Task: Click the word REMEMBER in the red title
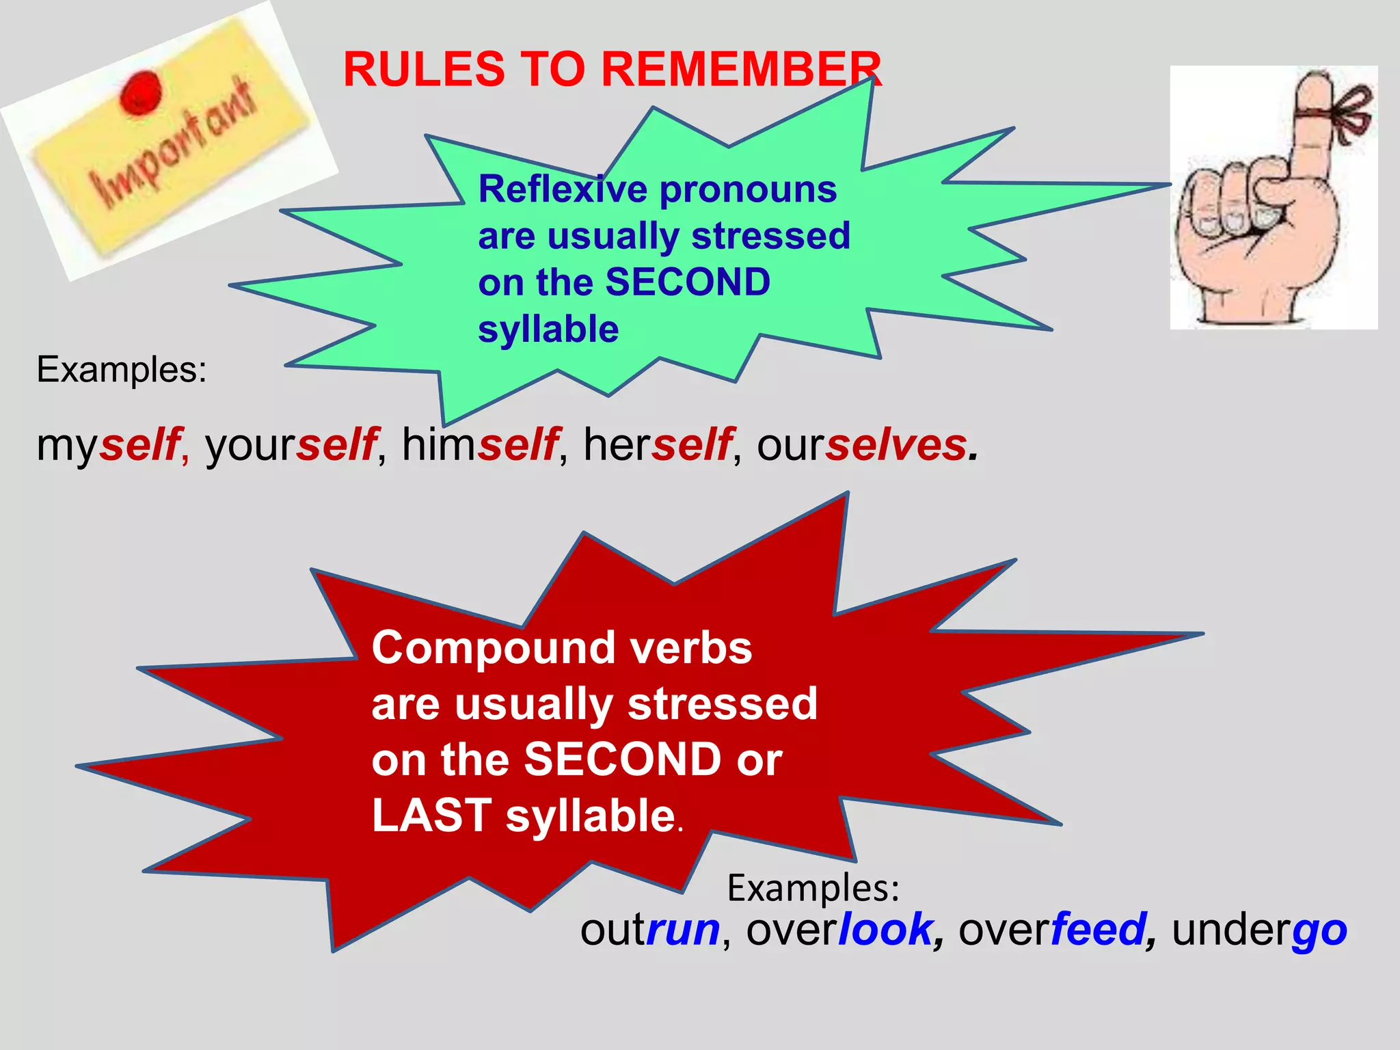point(741,70)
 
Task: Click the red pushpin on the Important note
point(141,92)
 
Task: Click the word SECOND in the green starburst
point(688,282)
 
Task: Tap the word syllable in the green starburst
point(548,329)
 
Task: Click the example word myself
point(109,445)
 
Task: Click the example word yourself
point(291,445)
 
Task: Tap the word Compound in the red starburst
point(492,648)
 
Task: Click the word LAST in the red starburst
point(431,816)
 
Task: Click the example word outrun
point(649,930)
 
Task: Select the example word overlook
point(839,930)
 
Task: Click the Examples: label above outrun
point(813,888)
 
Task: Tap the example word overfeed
point(1053,930)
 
